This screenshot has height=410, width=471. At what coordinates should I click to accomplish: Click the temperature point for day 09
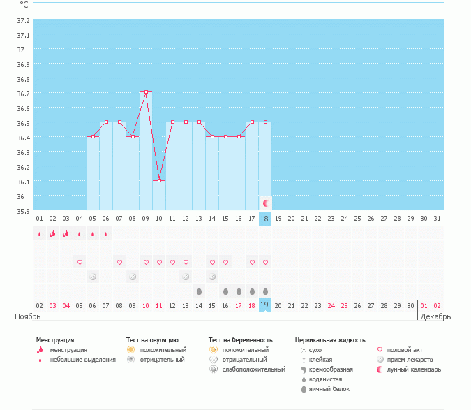click(x=146, y=92)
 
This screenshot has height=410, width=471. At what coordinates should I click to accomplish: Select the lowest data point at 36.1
click(x=159, y=180)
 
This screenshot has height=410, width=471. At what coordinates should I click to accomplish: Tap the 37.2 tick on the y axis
click(x=23, y=20)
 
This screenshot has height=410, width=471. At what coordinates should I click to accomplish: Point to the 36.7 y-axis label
click(x=23, y=94)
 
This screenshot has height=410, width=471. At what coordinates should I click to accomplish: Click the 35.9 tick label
click(x=23, y=210)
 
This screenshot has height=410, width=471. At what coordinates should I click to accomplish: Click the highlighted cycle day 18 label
click(x=264, y=219)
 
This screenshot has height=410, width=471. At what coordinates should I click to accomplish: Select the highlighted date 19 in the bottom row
click(x=264, y=305)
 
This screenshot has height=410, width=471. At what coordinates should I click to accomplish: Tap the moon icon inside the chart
click(x=265, y=203)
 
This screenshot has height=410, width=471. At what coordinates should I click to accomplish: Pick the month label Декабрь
click(x=435, y=316)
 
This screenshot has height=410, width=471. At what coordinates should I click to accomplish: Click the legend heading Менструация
click(x=55, y=340)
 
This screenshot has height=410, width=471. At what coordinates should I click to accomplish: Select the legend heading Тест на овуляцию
click(x=152, y=340)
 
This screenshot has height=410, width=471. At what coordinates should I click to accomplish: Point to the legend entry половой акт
click(x=405, y=350)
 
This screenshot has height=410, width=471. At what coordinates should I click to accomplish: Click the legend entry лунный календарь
click(x=414, y=369)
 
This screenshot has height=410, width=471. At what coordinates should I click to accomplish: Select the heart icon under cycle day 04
click(x=80, y=263)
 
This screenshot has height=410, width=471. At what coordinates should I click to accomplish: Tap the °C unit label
click(x=24, y=6)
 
